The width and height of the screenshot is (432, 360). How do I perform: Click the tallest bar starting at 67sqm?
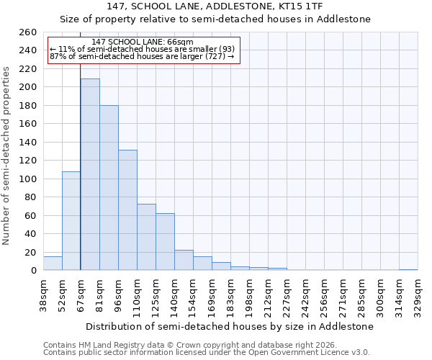90,174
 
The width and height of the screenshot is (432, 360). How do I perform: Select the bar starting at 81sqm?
109,188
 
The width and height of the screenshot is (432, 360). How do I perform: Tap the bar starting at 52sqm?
71,220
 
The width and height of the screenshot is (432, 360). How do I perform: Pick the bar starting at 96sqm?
127,210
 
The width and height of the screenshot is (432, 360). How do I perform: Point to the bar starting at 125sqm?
165,242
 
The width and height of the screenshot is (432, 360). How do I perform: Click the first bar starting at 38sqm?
53,264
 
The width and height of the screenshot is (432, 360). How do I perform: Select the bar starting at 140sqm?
184,260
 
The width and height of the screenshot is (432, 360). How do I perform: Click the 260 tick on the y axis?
28,32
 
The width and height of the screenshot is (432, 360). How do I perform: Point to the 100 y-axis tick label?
28,179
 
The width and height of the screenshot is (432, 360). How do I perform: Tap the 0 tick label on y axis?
33,271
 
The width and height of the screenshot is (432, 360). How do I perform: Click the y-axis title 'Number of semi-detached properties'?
7,156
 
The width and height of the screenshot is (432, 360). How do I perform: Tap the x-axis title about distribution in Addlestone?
229,326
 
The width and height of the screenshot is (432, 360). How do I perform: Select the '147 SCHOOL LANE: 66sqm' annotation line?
143,42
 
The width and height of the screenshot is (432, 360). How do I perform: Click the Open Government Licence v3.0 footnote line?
207,352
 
